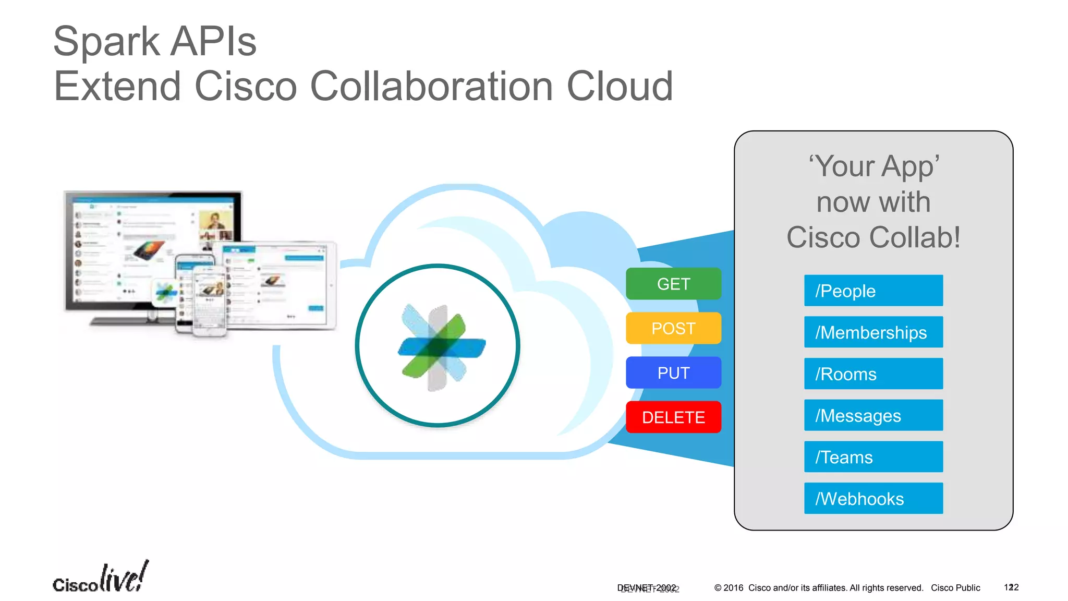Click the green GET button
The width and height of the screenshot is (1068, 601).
673,284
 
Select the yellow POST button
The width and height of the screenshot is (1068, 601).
673,328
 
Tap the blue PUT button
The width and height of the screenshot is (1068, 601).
673,372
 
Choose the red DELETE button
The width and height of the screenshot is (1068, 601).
673,417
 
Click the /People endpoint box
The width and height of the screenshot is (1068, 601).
873,291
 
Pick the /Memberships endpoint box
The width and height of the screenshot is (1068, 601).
873,332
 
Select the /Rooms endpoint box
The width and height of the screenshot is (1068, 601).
873,374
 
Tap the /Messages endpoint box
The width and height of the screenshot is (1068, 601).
873,415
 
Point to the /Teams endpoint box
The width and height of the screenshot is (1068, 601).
873,457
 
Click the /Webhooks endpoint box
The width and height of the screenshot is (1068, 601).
873,498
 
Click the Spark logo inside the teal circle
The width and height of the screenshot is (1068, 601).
441,347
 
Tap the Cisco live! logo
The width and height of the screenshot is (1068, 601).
101,578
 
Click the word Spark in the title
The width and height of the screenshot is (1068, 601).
106,42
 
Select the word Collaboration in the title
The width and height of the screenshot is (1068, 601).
431,86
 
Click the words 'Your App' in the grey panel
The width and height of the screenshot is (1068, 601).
874,166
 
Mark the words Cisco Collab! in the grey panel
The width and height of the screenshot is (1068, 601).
873,237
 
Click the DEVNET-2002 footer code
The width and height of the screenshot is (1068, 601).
647,588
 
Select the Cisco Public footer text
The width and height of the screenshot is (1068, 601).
955,588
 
